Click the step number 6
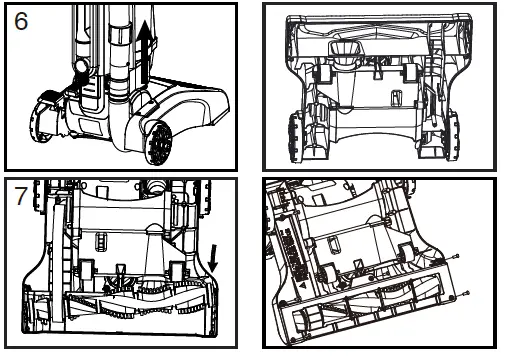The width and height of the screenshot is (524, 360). coord(21,23)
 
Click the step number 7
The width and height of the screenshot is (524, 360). coord(20,196)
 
